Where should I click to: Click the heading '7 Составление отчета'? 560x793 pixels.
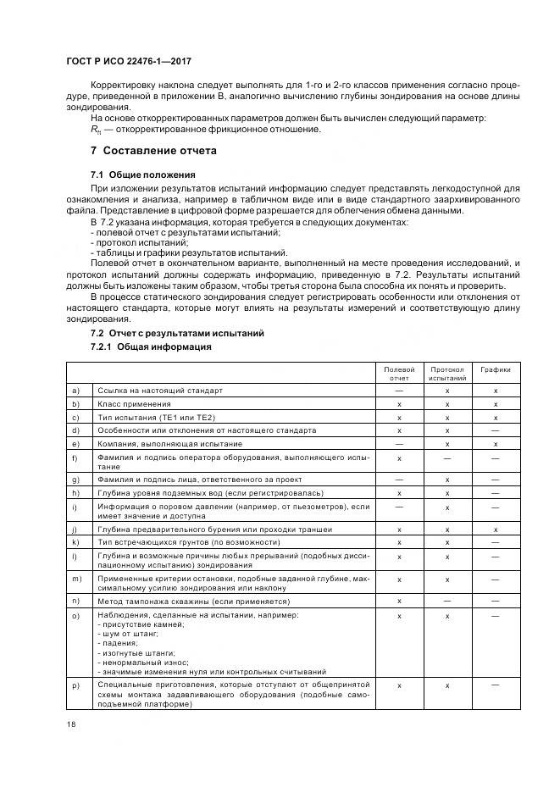pyautogui.click(x=153, y=151)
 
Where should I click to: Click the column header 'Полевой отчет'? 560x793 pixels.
pyautogui.click(x=399, y=374)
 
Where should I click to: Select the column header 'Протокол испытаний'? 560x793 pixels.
pyautogui.click(x=446, y=374)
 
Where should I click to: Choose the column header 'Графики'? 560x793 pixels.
pyautogui.click(x=496, y=369)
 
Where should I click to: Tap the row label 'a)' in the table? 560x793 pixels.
pyautogui.click(x=77, y=391)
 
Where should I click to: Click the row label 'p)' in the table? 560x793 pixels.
pyautogui.click(x=77, y=683)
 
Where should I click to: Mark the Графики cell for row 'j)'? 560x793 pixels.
pyautogui.click(x=496, y=530)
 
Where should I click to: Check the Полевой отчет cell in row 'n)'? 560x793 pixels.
pyautogui.click(x=399, y=600)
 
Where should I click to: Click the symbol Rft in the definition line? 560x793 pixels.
pyautogui.click(x=95, y=130)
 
